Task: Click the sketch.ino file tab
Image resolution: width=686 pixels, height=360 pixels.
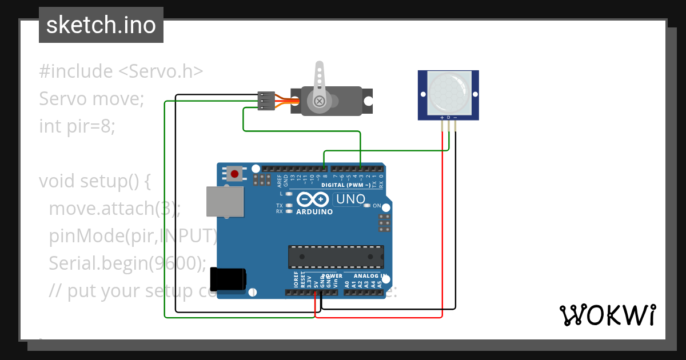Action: [101, 25]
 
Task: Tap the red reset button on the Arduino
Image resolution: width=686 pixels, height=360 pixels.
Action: [234, 173]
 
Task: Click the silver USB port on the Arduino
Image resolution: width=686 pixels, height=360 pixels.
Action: [224, 202]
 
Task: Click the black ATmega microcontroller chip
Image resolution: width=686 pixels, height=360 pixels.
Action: [336, 257]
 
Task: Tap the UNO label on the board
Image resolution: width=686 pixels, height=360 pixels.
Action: [350, 199]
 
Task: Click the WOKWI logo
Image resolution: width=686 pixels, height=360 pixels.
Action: [607, 315]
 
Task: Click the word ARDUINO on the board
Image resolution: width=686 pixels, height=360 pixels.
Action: [314, 211]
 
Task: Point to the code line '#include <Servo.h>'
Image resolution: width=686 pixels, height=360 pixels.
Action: [121, 71]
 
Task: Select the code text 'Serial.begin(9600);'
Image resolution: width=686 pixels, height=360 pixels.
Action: [127, 263]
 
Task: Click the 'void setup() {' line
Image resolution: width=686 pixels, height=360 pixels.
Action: [94, 181]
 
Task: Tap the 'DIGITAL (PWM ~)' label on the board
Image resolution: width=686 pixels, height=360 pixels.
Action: [346, 185]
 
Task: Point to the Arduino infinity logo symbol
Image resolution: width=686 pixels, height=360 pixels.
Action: [312, 199]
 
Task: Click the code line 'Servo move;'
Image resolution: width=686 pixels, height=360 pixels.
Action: [91, 99]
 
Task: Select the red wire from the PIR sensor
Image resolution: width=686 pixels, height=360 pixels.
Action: [442, 229]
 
